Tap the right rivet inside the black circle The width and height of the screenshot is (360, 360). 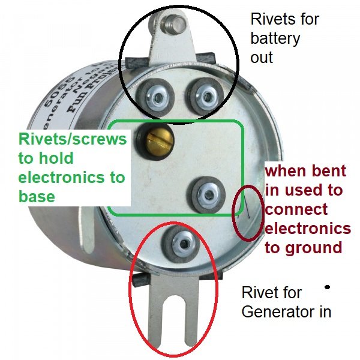point(202,94)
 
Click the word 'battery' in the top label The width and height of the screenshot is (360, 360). point(275,38)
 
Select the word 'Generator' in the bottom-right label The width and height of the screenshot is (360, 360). point(272,313)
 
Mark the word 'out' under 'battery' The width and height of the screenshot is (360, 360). point(262,58)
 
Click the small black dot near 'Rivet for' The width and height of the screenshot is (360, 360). point(327,287)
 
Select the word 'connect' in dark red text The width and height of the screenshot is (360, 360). point(296,209)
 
